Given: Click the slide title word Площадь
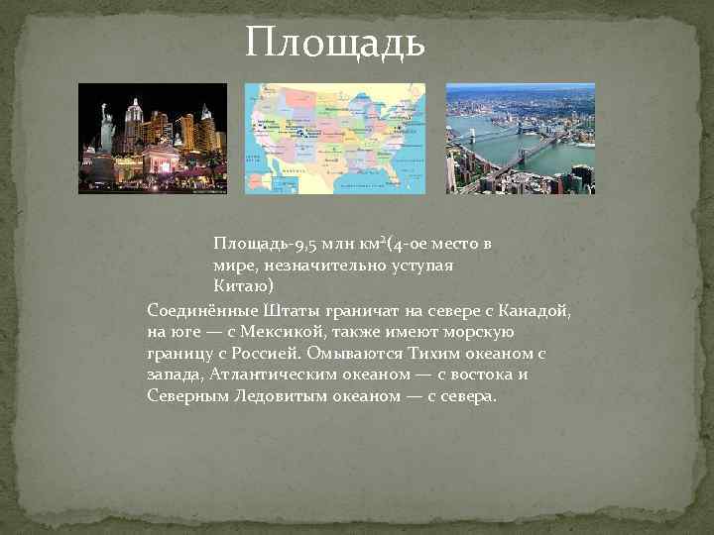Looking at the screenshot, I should pyautogui.click(x=336, y=43).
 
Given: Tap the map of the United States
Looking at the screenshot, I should pyautogui.click(x=335, y=138).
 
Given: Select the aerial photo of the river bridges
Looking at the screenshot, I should pyautogui.click(x=520, y=138).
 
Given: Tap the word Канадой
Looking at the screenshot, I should pyautogui.click(x=531, y=309).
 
